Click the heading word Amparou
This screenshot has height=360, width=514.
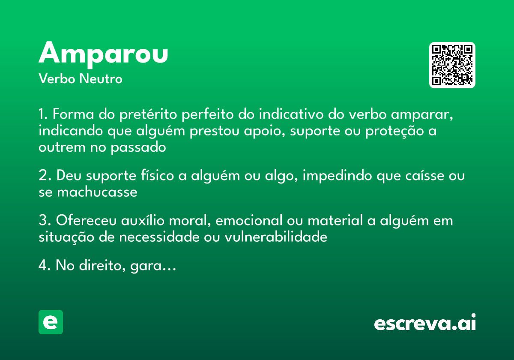pyautogui.click(x=103, y=53)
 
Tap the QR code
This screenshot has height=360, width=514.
pyautogui.click(x=452, y=65)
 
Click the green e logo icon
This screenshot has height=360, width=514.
pyautogui.click(x=51, y=322)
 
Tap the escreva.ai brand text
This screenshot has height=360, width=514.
pyautogui.click(x=425, y=323)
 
